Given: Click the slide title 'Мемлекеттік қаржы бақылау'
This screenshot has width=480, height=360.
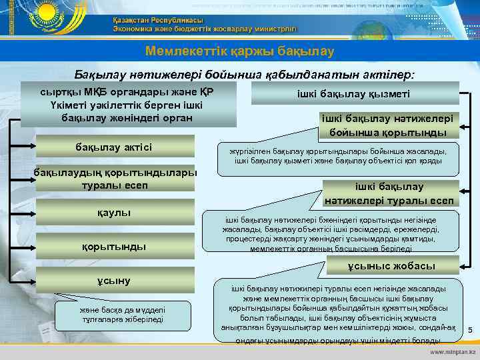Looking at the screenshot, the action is tap(240, 51).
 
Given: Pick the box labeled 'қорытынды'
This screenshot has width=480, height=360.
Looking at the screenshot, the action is tap(115, 246).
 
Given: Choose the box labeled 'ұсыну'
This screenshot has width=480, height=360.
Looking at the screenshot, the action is tap(115, 280).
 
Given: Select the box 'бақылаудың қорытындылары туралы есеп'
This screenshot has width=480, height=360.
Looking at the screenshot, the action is tap(115, 178).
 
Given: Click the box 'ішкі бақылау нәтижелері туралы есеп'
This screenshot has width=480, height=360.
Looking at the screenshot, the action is tap(389, 194).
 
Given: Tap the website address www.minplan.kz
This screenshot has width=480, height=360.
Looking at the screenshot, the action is tap(453, 351).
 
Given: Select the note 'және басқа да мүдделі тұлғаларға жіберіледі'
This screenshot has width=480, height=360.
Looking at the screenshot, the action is tap(115, 314).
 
